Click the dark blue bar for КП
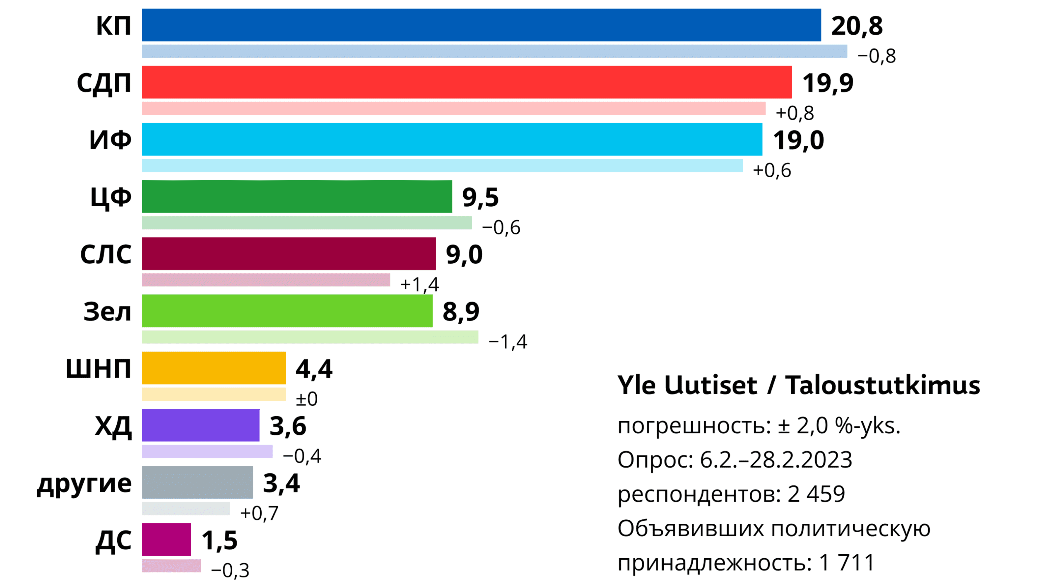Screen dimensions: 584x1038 click(481, 25)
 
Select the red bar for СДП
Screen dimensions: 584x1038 click(467, 82)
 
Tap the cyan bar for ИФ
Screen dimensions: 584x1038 click(452, 139)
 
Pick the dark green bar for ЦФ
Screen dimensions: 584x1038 click(297, 197)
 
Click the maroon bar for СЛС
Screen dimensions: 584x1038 click(289, 253)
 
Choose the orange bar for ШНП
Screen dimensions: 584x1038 click(214, 368)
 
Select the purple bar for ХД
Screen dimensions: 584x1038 click(201, 425)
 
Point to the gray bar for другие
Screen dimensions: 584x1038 click(197, 482)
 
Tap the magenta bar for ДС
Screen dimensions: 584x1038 click(166, 540)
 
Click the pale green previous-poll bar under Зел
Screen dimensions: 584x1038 click(310, 337)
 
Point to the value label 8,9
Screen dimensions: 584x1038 click(461, 311)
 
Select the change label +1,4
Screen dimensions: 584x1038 click(419, 284)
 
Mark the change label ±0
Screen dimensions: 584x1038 click(307, 399)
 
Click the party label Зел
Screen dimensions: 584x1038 click(107, 311)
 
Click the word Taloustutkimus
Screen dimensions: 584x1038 click(883, 385)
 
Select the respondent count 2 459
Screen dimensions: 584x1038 click(816, 494)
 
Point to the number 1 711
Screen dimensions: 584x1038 click(847, 562)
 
